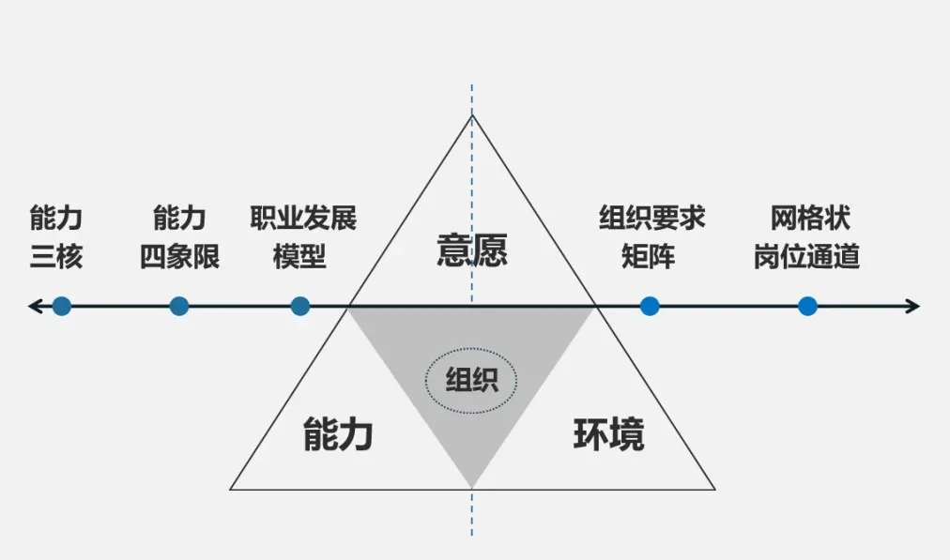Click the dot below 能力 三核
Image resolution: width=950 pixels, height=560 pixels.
point(62,306)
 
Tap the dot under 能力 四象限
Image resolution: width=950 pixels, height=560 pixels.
point(179,306)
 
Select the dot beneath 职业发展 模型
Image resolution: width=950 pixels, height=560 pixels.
point(300,306)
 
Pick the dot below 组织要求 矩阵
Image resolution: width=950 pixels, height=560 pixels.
point(650,306)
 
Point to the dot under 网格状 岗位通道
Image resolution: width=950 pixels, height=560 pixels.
point(807,306)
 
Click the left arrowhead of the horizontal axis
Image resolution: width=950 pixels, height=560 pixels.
point(34,306)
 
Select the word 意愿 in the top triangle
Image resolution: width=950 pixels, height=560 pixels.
point(472,250)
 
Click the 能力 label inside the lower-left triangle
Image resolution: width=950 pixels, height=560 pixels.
point(338,435)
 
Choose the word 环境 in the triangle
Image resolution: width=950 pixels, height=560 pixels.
point(608,435)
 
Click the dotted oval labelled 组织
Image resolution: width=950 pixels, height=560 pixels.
point(471,381)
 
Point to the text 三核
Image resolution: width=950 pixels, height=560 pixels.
point(56,256)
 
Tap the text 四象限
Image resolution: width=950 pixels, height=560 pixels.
point(179,256)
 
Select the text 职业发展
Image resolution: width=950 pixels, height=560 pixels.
point(302,219)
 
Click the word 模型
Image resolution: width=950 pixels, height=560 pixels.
point(300,256)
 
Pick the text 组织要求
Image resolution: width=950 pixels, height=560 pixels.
point(651,219)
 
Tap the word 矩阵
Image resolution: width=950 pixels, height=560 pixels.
point(648,256)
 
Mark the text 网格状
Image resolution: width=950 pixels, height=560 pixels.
point(810,219)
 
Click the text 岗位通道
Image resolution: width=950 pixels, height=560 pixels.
point(807,256)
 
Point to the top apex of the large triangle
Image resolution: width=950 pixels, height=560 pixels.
point(472,115)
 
